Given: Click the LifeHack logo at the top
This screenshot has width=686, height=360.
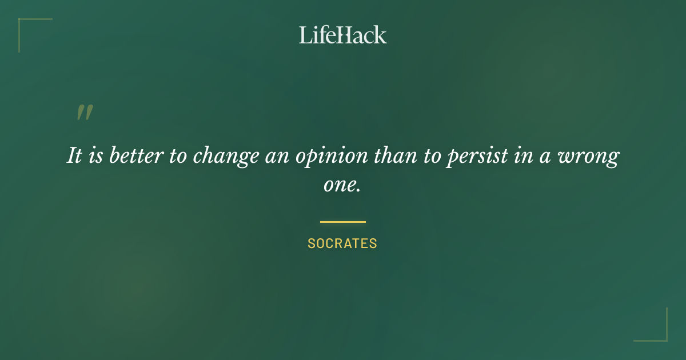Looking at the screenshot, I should pyautogui.click(x=342, y=35).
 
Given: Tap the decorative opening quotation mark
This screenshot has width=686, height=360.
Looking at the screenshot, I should pyautogui.click(x=84, y=113).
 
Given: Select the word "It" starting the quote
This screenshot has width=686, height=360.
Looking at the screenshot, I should pyautogui.click(x=74, y=156).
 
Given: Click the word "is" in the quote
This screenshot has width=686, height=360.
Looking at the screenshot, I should pyautogui.click(x=95, y=156).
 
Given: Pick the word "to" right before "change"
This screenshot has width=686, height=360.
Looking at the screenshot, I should pyautogui.click(x=178, y=156).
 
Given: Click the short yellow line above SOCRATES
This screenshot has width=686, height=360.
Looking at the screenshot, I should pyautogui.click(x=342, y=222).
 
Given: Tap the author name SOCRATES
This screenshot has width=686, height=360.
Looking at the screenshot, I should pyautogui.click(x=342, y=243).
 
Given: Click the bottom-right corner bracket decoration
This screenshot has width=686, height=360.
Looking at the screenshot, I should pyautogui.click(x=660, y=334).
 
